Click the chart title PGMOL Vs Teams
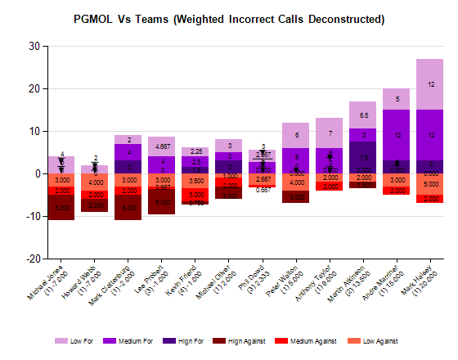228,19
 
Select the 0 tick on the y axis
37,173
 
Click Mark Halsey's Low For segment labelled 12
430,84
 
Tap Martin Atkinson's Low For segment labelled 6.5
363,115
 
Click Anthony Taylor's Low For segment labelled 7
329,133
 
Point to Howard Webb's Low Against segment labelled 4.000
95,182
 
